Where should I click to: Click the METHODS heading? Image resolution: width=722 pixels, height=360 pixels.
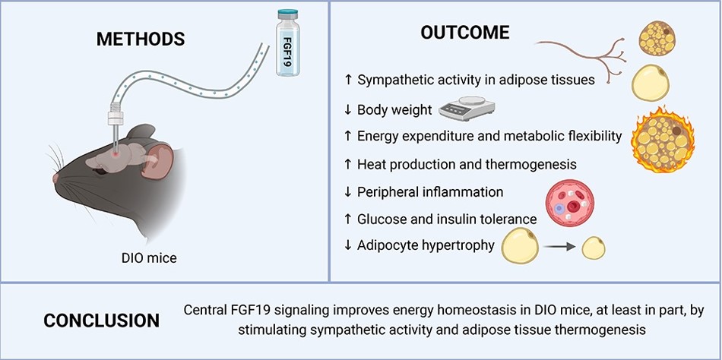click(x=141, y=39)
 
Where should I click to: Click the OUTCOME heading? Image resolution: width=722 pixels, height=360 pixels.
click(x=465, y=32)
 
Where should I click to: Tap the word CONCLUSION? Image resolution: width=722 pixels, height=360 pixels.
click(x=102, y=321)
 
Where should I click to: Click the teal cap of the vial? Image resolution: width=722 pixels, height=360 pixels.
click(x=288, y=13)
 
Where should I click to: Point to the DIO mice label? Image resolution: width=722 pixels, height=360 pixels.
click(x=149, y=258)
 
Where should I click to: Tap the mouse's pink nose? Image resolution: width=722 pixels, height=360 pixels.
click(x=56, y=178)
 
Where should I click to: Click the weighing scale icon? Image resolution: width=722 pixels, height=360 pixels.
click(x=467, y=107)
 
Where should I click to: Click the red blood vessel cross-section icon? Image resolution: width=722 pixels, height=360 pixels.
click(x=569, y=203)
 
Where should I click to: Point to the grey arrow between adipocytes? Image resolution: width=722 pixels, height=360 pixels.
click(x=559, y=247)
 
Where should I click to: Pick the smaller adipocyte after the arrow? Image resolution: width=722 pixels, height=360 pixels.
click(x=594, y=248)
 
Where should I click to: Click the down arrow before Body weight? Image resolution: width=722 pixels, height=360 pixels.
click(x=348, y=110)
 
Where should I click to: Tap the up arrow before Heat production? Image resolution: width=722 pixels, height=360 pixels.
click(x=348, y=164)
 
